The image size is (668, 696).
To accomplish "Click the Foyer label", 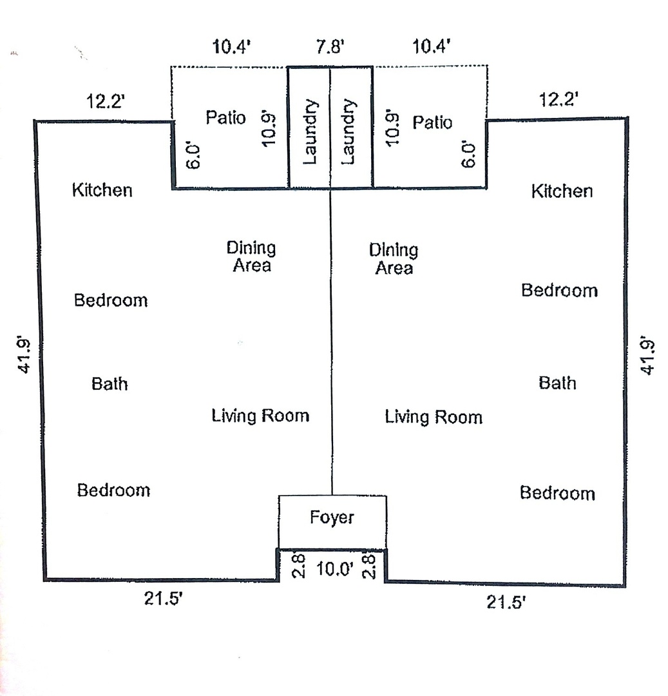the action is [332, 517].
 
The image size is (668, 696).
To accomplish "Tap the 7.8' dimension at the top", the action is [330, 46].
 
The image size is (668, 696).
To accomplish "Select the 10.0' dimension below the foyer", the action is [335, 568].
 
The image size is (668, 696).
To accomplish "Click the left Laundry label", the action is [310, 132].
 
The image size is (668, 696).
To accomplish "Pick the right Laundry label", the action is [348, 132].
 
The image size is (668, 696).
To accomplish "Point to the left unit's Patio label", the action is [225, 118].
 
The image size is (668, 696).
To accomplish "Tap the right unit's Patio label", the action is [432, 122].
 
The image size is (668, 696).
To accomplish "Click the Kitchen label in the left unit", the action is [102, 190].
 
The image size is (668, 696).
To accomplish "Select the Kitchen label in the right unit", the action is [562, 191].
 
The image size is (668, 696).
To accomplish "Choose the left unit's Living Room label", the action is [260, 416].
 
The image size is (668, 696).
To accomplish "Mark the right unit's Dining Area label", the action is [394, 259].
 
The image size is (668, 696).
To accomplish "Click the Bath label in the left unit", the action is [110, 384].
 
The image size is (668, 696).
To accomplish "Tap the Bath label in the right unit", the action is [558, 383].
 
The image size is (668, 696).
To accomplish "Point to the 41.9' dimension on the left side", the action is [24, 355].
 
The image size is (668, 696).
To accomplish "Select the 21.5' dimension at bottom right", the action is [506, 603].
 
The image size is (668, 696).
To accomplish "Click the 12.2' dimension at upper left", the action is [105, 101].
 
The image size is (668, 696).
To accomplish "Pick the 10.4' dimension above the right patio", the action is [432, 46].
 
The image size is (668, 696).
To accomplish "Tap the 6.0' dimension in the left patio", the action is [194, 156].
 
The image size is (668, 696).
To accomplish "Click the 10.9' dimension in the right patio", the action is [393, 128].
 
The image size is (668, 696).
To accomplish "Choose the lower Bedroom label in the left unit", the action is [113, 490].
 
